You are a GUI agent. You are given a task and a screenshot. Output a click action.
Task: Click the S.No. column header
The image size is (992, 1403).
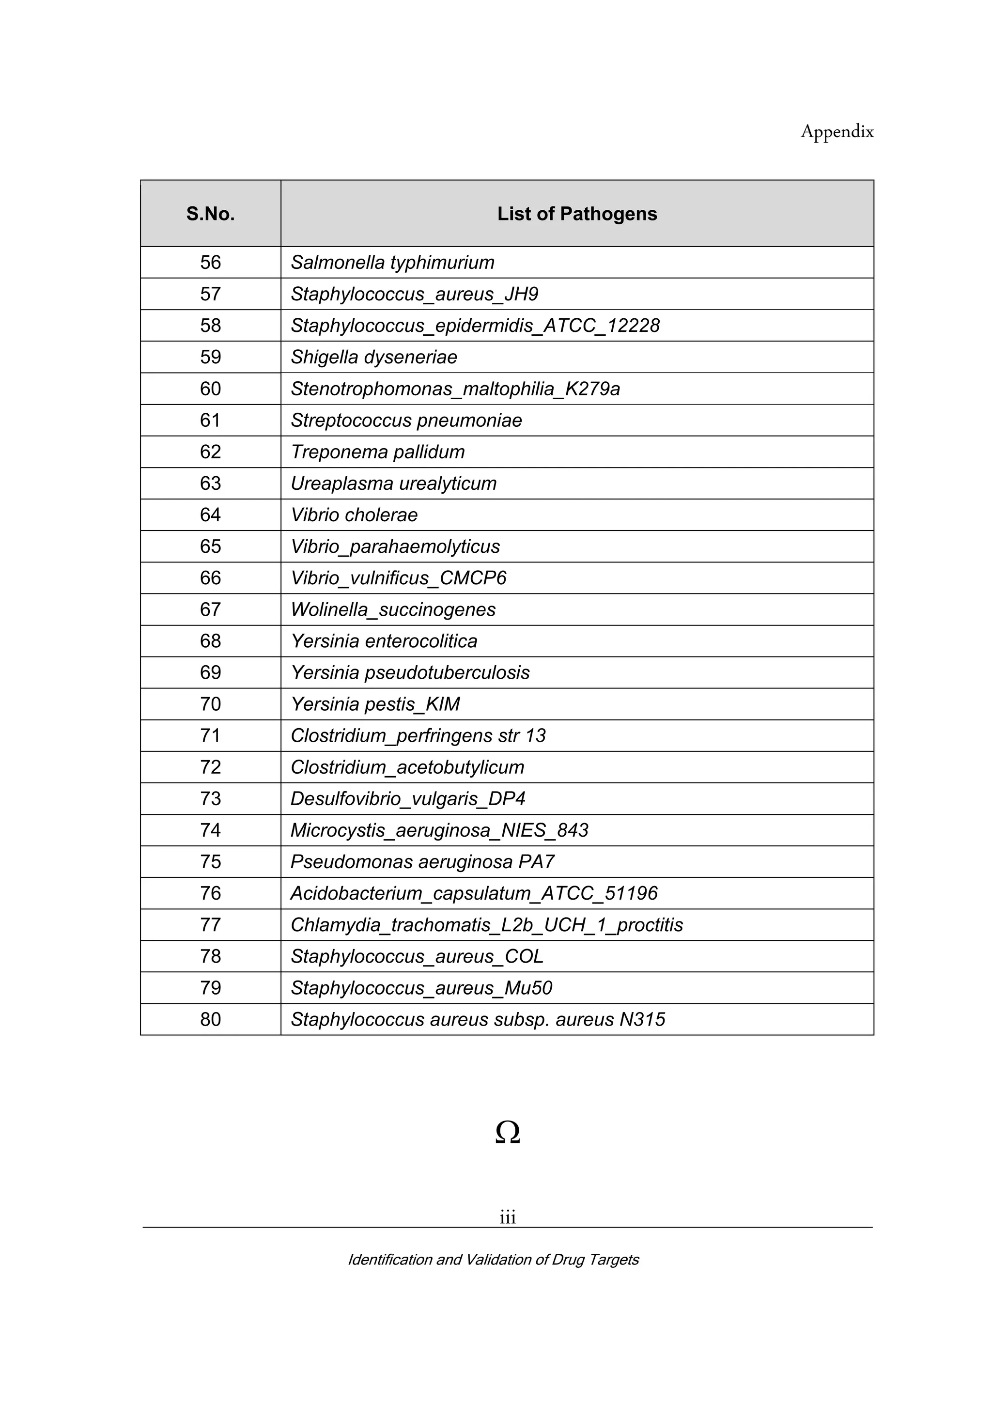tap(210, 214)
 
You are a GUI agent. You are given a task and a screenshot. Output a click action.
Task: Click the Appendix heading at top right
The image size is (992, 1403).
tap(837, 131)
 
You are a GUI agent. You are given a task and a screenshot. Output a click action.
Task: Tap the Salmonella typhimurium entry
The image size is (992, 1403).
tap(392, 263)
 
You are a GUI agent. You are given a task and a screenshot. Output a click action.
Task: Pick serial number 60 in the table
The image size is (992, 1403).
tap(210, 389)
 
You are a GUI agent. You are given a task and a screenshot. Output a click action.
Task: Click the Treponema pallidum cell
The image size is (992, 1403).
tap(377, 452)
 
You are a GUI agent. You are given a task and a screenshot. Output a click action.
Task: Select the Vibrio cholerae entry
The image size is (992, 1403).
tap(354, 515)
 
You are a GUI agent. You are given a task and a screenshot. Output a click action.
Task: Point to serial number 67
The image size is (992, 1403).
tap(210, 609)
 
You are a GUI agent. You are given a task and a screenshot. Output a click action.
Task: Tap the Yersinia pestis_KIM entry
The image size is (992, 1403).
tap(375, 704)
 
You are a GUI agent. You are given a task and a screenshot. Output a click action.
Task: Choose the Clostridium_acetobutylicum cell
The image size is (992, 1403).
tap(407, 767)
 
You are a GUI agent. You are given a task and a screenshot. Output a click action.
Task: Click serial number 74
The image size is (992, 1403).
tap(210, 830)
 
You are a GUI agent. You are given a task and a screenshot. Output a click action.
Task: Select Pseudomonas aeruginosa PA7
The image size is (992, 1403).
tap(422, 861)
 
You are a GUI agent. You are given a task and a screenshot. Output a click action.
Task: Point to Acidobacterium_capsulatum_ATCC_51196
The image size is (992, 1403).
tap(474, 893)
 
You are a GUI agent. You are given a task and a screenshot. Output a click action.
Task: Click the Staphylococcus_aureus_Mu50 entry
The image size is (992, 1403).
tap(421, 988)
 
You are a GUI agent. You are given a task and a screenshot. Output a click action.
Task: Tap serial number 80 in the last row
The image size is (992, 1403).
tap(210, 1019)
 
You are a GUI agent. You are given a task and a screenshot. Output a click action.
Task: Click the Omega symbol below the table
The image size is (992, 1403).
tap(507, 1132)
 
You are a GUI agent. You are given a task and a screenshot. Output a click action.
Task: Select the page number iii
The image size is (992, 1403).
tap(507, 1217)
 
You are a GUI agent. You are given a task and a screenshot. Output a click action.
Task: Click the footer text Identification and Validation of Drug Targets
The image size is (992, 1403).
tap(494, 1260)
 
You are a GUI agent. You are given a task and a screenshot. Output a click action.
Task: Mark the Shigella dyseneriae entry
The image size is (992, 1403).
tap(374, 358)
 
